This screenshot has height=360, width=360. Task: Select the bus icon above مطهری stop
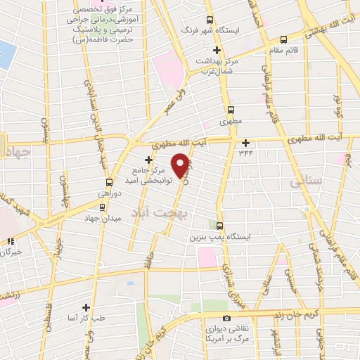pos(230,110)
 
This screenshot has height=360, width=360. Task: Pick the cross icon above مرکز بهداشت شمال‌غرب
pos(217,50)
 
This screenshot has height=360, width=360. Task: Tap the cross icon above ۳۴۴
pos(245,143)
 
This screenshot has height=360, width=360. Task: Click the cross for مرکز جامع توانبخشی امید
pos(148,160)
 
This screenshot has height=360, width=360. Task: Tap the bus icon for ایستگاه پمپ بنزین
pos(221,226)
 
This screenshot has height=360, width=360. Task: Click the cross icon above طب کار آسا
pos(86,307)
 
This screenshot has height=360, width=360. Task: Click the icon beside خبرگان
pos(10,241)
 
